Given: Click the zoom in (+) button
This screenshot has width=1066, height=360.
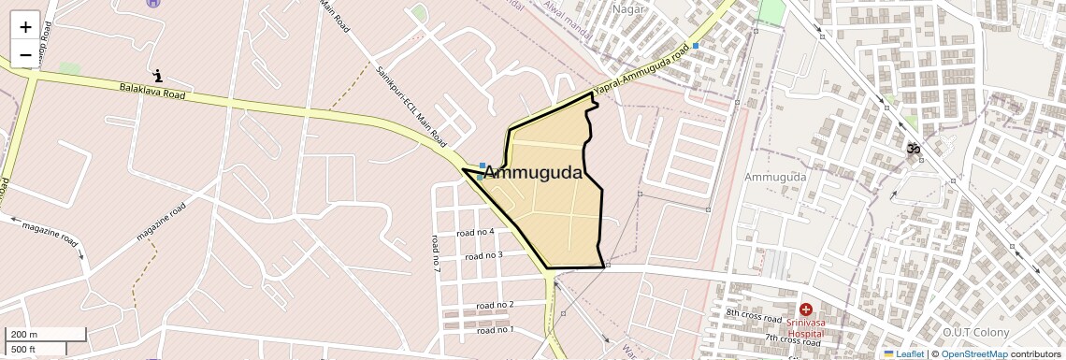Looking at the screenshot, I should point(25,27).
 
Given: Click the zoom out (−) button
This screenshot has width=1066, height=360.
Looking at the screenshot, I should point(25,55).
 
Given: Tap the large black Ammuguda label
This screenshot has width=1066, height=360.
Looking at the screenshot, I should point(533,173).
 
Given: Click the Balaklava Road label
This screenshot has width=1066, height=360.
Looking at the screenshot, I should point(152,91).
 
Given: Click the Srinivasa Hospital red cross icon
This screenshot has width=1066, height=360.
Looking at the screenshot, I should point(805,309).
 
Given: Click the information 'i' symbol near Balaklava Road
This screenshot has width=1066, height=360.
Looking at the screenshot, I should point(158,75).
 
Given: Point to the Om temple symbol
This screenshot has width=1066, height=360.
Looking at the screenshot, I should point(912,149).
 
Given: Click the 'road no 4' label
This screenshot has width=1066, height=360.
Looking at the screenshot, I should point(475,232).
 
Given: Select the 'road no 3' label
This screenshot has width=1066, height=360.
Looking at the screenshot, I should point(484,255).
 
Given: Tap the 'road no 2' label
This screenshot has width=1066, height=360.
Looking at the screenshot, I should point(495,305).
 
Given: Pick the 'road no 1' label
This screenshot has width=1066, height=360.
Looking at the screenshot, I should point(495,329).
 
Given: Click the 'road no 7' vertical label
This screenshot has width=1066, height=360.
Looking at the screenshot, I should point(436,252).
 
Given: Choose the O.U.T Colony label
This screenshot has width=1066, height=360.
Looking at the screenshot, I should point(975,333).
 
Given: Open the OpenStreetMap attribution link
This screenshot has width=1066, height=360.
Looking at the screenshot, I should point(973,353).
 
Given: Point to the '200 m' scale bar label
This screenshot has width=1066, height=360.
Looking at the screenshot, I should point(24,335).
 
